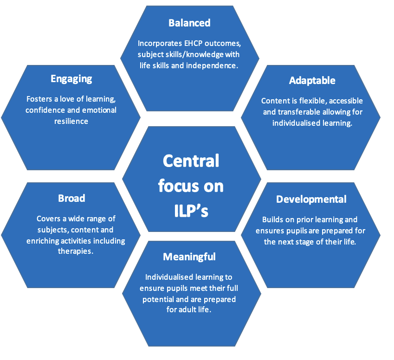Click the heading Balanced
(189, 23)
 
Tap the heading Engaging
(71, 78)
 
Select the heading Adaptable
(312, 80)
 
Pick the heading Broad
(71, 198)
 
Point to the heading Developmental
(311, 199)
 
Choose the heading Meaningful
(189, 257)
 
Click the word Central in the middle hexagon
(191, 161)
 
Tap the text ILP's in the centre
(190, 210)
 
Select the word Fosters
(39, 99)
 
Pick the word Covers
(49, 219)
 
